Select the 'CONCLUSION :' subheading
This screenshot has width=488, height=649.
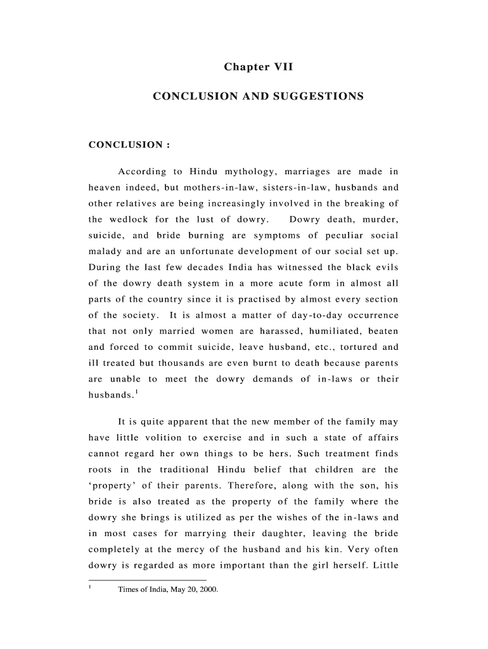click(129, 145)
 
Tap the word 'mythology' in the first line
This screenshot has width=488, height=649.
click(250, 172)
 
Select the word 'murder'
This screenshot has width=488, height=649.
click(380, 220)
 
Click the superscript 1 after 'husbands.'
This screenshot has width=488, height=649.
click(136, 391)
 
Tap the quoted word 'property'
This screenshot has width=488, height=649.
click(111, 485)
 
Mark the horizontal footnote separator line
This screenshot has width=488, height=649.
click(147, 580)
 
